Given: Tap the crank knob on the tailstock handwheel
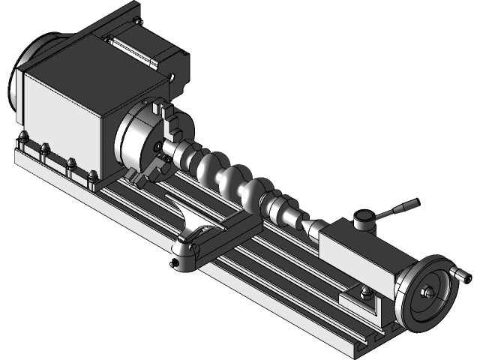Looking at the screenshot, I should [454, 274].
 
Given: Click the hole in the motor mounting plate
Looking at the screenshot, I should [172, 76].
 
